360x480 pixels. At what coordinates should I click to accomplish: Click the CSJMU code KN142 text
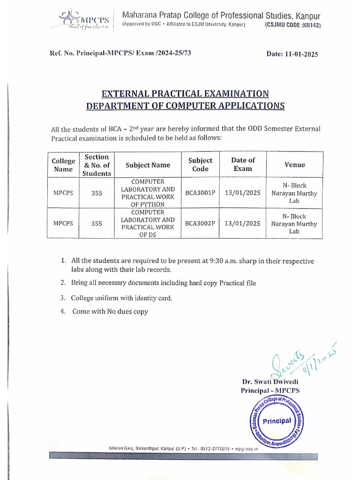[x=293, y=25]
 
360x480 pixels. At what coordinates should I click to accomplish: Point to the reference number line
[x=120, y=53]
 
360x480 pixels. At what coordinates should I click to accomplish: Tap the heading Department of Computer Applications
[x=185, y=105]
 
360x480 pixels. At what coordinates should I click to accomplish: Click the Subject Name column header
[x=148, y=165]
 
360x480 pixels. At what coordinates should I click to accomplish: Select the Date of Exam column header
[x=243, y=165]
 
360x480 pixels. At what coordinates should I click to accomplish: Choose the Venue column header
[x=294, y=165]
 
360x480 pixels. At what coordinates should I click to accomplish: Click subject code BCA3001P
[x=200, y=193]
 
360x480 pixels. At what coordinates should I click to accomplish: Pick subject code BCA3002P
[x=200, y=224]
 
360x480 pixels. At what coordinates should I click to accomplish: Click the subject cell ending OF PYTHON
[x=148, y=193]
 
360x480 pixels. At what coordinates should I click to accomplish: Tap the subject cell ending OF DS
[x=148, y=224]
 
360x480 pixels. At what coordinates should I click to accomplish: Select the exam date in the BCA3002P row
[x=243, y=224]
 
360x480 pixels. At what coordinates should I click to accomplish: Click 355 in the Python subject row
[x=97, y=193]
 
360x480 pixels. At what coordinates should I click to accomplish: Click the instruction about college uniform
[x=121, y=298]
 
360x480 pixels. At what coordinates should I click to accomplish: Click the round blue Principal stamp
[x=276, y=421]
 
